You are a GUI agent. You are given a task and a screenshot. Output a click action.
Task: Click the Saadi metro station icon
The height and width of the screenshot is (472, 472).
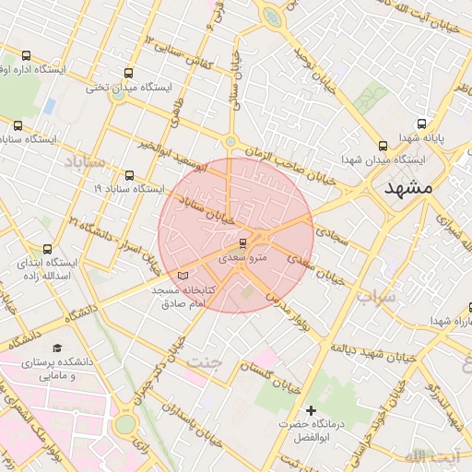[x=242, y=243]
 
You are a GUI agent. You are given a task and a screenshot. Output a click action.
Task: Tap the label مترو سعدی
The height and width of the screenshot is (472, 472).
[x=242, y=259]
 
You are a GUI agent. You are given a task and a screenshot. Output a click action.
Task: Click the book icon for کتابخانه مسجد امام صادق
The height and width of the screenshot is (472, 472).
[x=182, y=275]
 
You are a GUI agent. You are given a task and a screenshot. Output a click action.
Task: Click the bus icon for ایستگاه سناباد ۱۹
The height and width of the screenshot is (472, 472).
[x=128, y=175]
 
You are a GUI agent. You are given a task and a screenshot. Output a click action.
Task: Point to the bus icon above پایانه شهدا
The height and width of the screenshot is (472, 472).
[x=421, y=124]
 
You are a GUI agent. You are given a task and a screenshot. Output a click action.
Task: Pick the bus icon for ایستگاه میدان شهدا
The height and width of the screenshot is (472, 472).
[x=383, y=146]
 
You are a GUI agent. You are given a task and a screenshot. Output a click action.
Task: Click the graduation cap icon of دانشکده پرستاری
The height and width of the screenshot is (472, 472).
[x=58, y=348]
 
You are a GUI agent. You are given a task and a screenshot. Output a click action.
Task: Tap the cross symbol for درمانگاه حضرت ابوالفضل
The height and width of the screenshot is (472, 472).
[x=311, y=409]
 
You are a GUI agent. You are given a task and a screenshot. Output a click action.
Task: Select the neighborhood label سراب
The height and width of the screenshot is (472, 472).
[x=375, y=297]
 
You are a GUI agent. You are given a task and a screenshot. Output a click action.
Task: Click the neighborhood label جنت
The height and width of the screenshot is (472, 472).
[x=205, y=360]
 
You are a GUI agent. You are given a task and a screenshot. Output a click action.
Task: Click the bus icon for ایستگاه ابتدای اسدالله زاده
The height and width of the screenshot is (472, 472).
[x=48, y=249]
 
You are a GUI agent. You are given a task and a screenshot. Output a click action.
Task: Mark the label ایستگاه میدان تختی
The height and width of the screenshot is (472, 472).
[x=129, y=88]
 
